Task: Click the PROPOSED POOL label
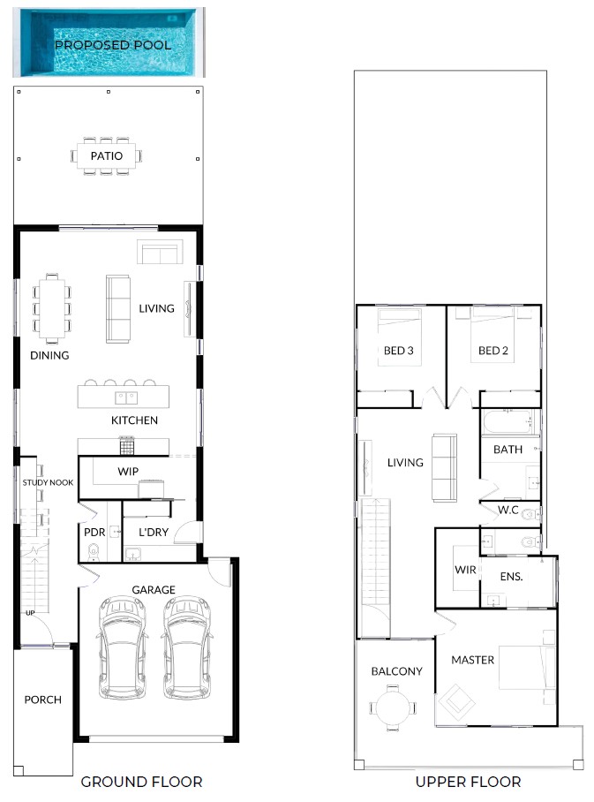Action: pyautogui.click(x=113, y=45)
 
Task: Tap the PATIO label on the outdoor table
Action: pyautogui.click(x=106, y=156)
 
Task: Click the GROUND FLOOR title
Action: pyautogui.click(x=141, y=782)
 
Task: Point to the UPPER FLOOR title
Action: pyautogui.click(x=469, y=782)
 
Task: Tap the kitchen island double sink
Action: pyautogui.click(x=126, y=397)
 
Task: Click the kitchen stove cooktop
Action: pyautogui.click(x=127, y=446)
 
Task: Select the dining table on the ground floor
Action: pyautogui.click(x=52, y=308)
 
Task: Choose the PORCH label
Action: pyautogui.click(x=43, y=700)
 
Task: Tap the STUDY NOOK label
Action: pyautogui.click(x=48, y=482)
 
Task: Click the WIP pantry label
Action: pyautogui.click(x=128, y=471)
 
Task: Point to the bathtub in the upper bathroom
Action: pyautogui.click(x=508, y=422)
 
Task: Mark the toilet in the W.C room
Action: pyautogui.click(x=530, y=513)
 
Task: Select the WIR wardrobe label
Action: pyautogui.click(x=465, y=570)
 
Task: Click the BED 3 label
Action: pyautogui.click(x=399, y=351)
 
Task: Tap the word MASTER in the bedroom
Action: pyautogui.click(x=473, y=660)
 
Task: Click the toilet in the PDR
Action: pyautogui.click(x=93, y=552)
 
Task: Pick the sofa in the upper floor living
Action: pyautogui.click(x=444, y=467)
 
